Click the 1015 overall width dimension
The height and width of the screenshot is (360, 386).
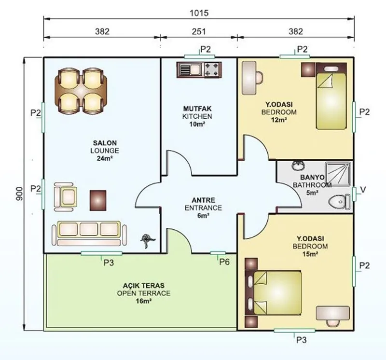click(x=199, y=13)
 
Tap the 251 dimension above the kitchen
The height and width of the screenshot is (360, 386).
click(x=199, y=31)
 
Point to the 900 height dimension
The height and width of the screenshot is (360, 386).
click(x=19, y=194)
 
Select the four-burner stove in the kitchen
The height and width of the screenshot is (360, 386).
click(x=212, y=69)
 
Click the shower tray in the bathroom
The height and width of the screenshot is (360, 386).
click(x=338, y=174)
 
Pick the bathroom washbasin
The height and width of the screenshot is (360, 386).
click(x=299, y=166)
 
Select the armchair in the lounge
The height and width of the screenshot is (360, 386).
click(x=65, y=197)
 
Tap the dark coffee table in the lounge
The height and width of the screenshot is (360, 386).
click(x=98, y=200)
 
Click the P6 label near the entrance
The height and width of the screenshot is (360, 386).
click(x=224, y=262)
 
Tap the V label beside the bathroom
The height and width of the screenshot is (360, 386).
click(x=363, y=190)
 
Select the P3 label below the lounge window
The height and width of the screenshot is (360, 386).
click(x=109, y=263)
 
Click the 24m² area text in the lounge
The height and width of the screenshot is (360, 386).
click(x=105, y=158)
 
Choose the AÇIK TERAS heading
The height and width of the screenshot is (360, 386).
click(x=143, y=286)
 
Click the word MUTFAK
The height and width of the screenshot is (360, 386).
click(x=197, y=109)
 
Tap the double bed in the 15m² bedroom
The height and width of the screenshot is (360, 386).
click(x=273, y=293)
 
